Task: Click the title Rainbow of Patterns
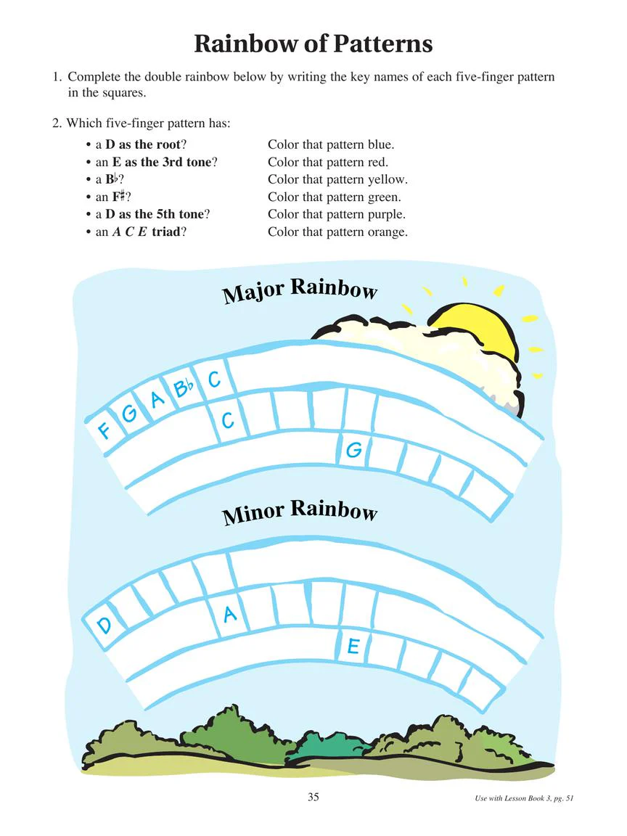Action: (x=313, y=44)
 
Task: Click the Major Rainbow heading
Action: (x=300, y=290)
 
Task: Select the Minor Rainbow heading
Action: (x=300, y=512)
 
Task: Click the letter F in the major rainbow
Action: (x=104, y=429)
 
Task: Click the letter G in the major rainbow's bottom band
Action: (x=354, y=450)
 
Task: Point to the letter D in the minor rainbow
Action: (x=104, y=624)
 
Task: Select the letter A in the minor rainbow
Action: (x=230, y=614)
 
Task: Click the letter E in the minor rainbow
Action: (x=353, y=646)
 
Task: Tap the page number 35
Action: (x=313, y=797)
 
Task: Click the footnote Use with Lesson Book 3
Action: (x=524, y=798)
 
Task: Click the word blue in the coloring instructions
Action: (x=381, y=144)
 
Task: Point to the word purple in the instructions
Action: (x=387, y=215)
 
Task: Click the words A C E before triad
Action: (x=130, y=232)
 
